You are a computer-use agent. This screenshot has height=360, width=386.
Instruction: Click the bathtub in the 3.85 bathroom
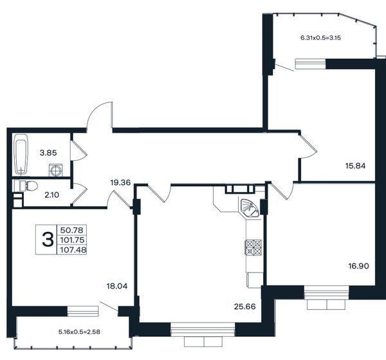(21, 155)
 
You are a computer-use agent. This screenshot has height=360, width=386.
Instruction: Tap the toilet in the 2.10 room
(28, 185)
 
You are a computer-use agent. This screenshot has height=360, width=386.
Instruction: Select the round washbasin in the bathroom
(55, 170)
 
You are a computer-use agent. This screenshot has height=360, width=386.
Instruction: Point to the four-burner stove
(253, 247)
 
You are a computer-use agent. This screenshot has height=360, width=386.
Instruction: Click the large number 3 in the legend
(48, 240)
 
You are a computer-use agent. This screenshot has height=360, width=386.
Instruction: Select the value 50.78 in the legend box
(72, 230)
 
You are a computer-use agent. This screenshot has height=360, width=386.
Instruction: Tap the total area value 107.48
(73, 250)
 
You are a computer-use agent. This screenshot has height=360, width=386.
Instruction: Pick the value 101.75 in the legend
(72, 240)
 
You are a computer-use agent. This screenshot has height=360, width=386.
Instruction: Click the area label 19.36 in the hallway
(120, 183)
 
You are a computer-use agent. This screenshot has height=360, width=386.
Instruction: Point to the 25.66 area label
(244, 307)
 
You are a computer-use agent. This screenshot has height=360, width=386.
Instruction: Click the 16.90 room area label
(359, 266)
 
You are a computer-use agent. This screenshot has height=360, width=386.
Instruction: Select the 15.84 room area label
(355, 166)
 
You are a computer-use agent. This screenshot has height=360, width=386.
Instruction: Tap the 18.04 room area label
(117, 286)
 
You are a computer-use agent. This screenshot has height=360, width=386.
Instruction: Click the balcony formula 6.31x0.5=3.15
(321, 38)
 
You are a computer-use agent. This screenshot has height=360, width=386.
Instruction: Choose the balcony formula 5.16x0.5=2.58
(79, 332)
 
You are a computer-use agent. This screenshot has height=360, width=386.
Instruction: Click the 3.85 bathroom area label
(48, 153)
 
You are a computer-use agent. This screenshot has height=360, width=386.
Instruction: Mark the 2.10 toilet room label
(52, 195)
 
